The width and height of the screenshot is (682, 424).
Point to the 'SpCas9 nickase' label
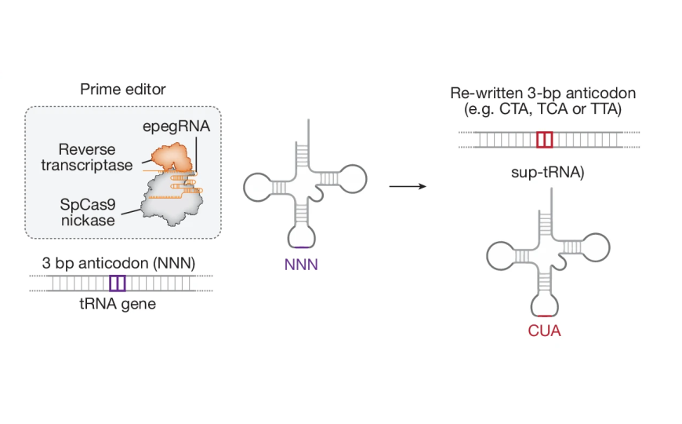click(88, 212)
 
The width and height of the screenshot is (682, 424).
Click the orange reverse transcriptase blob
click(172, 157)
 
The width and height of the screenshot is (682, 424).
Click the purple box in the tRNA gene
click(117, 283)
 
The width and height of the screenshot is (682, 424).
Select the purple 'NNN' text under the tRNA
click(302, 265)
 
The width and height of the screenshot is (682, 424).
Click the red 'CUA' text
click(544, 331)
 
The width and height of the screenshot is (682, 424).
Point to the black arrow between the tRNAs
click(408, 187)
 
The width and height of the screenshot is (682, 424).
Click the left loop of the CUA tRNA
click(499, 254)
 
